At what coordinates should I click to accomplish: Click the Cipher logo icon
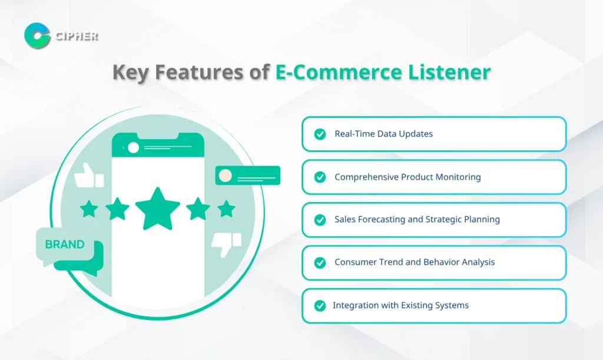(x=37, y=35)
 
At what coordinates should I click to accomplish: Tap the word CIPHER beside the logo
(x=76, y=36)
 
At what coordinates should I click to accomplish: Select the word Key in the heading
(x=130, y=72)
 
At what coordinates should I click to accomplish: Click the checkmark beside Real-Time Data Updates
(x=320, y=134)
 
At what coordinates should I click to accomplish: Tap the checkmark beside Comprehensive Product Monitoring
(x=320, y=177)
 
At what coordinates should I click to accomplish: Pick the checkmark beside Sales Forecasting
(x=320, y=220)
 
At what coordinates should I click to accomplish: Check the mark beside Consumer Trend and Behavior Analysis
(x=320, y=262)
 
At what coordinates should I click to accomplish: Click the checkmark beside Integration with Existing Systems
(x=320, y=305)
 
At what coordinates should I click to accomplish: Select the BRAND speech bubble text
(x=64, y=244)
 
